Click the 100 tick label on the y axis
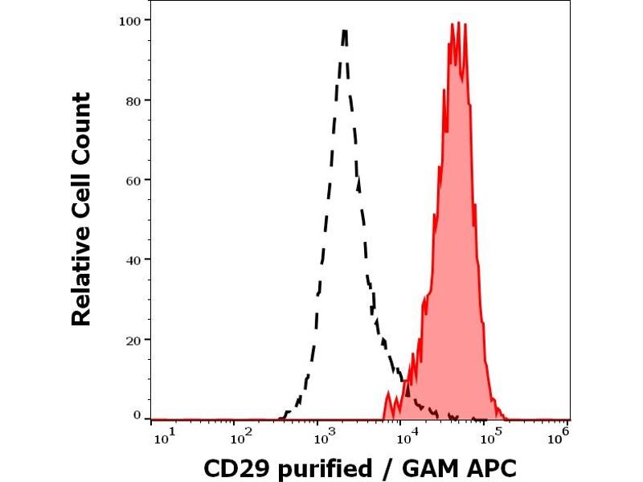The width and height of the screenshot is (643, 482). pos(129,20)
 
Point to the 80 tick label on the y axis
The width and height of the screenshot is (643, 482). pos(132,100)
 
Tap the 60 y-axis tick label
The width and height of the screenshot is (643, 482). pos(132,180)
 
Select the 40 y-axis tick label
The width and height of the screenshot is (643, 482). pos(132,259)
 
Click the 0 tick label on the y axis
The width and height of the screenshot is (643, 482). pos(136,415)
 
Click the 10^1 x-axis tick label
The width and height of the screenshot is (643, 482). pos(161,436)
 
